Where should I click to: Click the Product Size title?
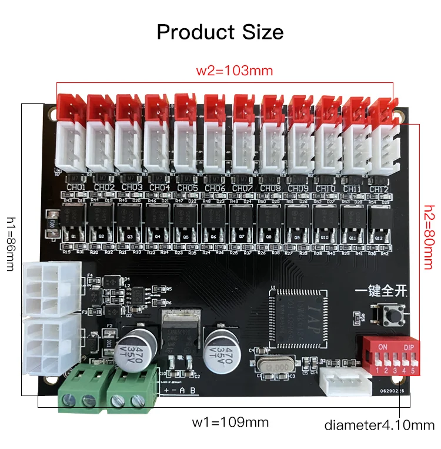[x=220, y=31]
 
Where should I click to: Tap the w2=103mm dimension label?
[x=235, y=71]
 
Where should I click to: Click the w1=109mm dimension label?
[x=230, y=422]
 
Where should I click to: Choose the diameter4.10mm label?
[x=379, y=425]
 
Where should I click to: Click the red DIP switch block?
[x=393, y=356]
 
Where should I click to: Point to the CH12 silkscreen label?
[x=379, y=189]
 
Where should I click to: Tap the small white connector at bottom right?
[x=343, y=383]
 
